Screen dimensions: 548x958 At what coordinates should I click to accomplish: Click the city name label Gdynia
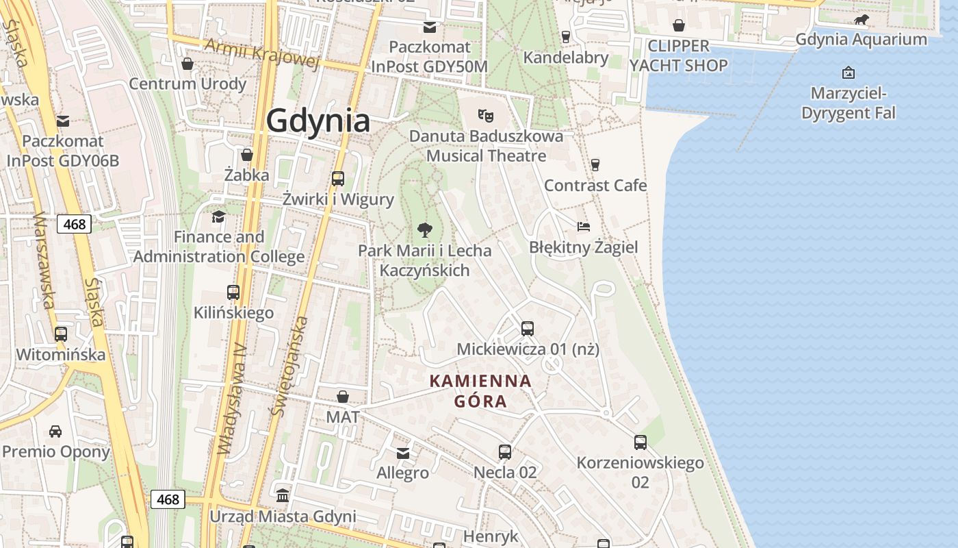click(318, 121)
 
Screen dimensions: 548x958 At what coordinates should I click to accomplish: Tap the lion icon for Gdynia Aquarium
click(862, 20)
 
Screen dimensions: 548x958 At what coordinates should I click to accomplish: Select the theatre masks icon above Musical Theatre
click(486, 114)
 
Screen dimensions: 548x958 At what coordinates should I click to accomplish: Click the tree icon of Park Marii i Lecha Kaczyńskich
click(424, 230)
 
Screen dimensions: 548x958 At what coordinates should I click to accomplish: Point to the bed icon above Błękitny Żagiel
click(583, 226)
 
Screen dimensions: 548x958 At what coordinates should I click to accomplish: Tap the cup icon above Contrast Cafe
click(595, 164)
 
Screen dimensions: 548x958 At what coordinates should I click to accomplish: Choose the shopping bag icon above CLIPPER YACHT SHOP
click(679, 25)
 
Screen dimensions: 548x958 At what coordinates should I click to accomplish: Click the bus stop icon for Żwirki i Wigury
click(338, 179)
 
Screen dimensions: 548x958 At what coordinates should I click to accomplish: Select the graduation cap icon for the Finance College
click(218, 216)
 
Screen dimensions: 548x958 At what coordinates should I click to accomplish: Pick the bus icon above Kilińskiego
click(233, 292)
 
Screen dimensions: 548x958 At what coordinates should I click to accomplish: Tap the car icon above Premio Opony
click(55, 432)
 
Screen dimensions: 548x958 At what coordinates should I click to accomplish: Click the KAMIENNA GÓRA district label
click(480, 390)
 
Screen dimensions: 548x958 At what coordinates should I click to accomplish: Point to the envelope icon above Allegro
click(403, 453)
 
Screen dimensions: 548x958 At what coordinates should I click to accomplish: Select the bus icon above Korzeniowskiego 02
click(640, 443)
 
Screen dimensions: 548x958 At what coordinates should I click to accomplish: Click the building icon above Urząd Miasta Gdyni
click(283, 495)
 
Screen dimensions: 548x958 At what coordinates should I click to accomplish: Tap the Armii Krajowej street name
click(262, 53)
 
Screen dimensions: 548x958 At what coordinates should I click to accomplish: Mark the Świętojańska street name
click(290, 366)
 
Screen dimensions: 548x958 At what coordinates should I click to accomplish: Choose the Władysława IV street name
click(232, 400)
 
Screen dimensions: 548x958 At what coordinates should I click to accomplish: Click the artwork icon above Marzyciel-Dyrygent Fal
click(849, 72)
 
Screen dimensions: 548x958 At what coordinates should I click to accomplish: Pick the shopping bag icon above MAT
click(343, 397)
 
